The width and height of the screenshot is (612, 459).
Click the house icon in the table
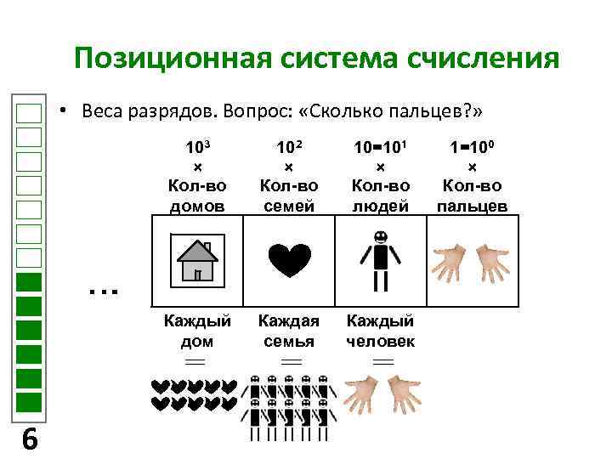coord(196,260)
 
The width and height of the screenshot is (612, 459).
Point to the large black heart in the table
coord(289,259)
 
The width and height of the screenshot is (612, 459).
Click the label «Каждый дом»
coord(197,331)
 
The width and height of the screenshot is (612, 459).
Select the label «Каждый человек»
coord(381,331)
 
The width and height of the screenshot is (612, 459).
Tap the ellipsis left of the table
coord(102,291)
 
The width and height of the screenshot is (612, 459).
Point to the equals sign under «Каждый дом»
coord(196,362)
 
